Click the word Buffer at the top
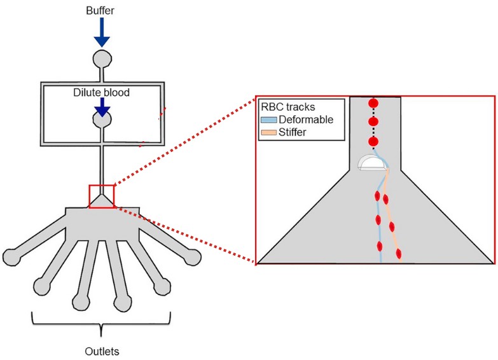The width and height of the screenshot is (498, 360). pos(102,11)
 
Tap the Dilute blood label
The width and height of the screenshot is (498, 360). pos(102,93)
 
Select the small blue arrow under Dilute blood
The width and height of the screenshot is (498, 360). pos(102,107)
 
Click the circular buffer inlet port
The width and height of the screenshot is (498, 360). pos(102,59)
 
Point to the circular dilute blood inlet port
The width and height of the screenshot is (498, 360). pos(102,120)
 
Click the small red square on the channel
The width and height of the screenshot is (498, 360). pos(102,195)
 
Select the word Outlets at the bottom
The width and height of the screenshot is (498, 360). pos(102,349)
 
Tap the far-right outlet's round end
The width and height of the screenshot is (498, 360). pos(191,258)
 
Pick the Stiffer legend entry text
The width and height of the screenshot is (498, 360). pos(291,131)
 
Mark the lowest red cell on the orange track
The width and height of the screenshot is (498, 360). pos(399,254)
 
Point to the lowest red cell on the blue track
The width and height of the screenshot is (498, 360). pos(379,242)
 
